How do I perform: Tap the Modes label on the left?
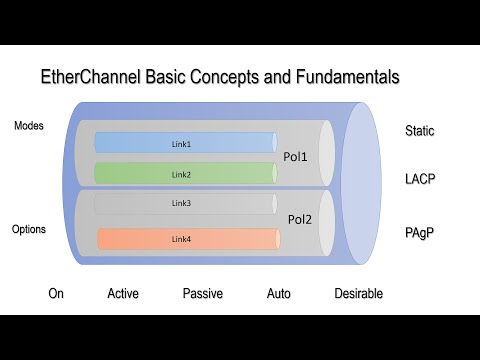(29, 126)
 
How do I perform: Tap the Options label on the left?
(29, 229)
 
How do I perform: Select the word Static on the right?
(421, 131)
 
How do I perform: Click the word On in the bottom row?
(57, 294)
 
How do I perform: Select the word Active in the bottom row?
(123, 294)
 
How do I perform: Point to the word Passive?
(203, 294)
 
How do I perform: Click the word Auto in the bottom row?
(279, 294)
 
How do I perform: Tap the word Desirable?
(358, 294)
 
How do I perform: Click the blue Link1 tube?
(185, 144)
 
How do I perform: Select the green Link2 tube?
(185, 174)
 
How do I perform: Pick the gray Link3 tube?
(185, 204)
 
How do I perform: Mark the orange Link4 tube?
(185, 239)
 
